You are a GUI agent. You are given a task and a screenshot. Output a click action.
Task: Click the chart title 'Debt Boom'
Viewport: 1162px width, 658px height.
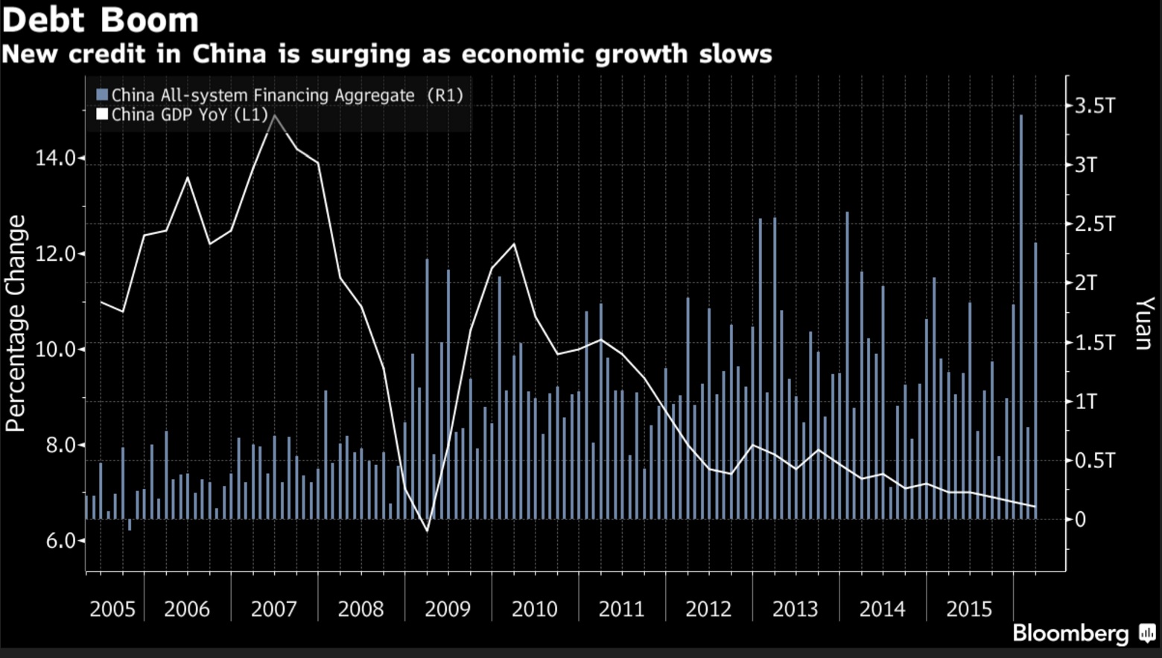coord(101,19)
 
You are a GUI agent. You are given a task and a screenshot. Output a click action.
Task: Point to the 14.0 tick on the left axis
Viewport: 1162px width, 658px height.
coord(56,158)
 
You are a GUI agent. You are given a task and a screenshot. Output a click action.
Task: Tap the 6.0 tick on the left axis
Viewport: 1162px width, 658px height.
coord(61,540)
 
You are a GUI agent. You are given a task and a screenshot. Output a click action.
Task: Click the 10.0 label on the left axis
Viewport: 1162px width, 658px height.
coord(56,349)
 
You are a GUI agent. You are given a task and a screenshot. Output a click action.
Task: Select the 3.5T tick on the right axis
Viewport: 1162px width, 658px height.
coord(1094,106)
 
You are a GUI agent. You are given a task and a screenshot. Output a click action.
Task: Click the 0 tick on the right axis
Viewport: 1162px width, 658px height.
coord(1080,519)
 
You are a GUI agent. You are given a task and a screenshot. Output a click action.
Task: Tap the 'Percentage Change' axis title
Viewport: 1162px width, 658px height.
coord(16,323)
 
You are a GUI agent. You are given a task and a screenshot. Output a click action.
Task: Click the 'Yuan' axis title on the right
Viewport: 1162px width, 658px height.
coord(1143,323)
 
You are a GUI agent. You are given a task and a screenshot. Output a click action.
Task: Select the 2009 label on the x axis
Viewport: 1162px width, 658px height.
coord(448,609)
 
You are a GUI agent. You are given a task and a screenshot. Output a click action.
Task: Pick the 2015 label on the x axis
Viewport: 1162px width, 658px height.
coord(969,609)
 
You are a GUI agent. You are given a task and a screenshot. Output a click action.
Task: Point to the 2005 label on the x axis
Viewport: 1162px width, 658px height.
coord(112,609)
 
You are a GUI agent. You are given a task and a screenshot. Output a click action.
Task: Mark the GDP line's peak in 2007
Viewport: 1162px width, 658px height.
coord(275,116)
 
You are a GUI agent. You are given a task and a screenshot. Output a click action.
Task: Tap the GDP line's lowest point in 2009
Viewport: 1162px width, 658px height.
coord(428,531)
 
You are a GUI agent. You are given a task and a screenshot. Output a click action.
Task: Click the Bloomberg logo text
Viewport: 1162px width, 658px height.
coord(1070,633)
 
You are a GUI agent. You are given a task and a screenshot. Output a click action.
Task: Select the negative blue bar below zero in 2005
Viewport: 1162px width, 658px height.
coord(130,525)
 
